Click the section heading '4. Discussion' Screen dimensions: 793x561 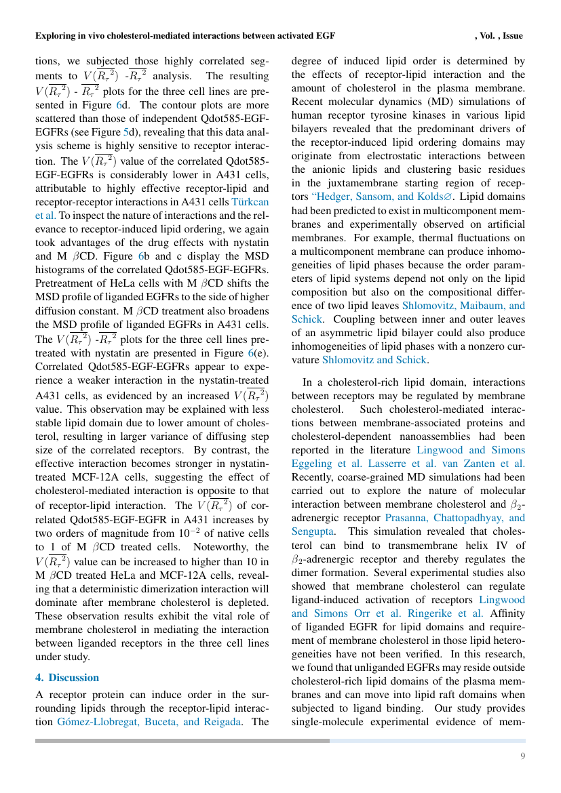pyautogui.click(x=66, y=678)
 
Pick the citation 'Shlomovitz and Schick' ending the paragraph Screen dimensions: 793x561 pyautogui.click(x=375, y=360)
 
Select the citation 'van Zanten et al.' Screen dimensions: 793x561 pyautogui.click(x=492, y=464)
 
